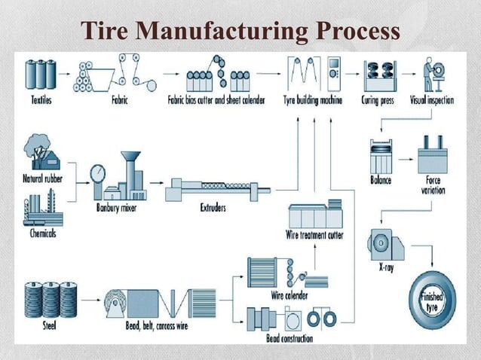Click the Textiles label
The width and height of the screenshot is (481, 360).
click(x=40, y=99)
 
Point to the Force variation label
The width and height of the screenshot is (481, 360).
click(x=434, y=185)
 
